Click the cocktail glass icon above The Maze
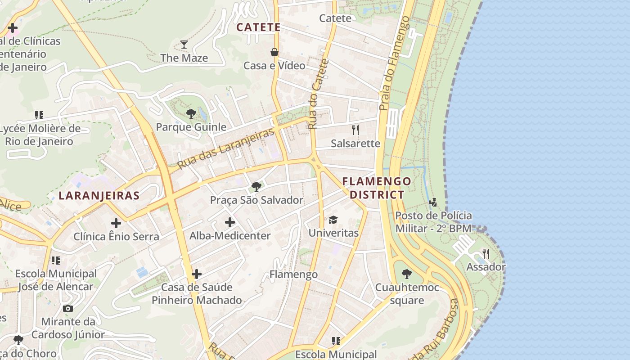point(184,44)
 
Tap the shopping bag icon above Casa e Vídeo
point(274,52)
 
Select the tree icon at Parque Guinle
point(191,113)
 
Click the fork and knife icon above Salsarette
point(355,130)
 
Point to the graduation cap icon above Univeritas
point(333,220)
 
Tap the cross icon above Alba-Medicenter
point(230,222)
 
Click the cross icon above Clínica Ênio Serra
point(116,223)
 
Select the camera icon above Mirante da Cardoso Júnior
point(68,308)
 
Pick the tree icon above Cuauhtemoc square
point(406,274)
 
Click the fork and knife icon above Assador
point(486,253)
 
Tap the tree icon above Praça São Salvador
point(256,186)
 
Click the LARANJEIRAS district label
point(99,196)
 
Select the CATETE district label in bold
point(258,27)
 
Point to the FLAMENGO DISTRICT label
point(377,188)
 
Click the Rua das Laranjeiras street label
point(225,149)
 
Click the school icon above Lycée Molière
point(39,115)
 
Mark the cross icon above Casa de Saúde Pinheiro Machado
point(196,274)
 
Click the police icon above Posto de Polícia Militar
point(433,202)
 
